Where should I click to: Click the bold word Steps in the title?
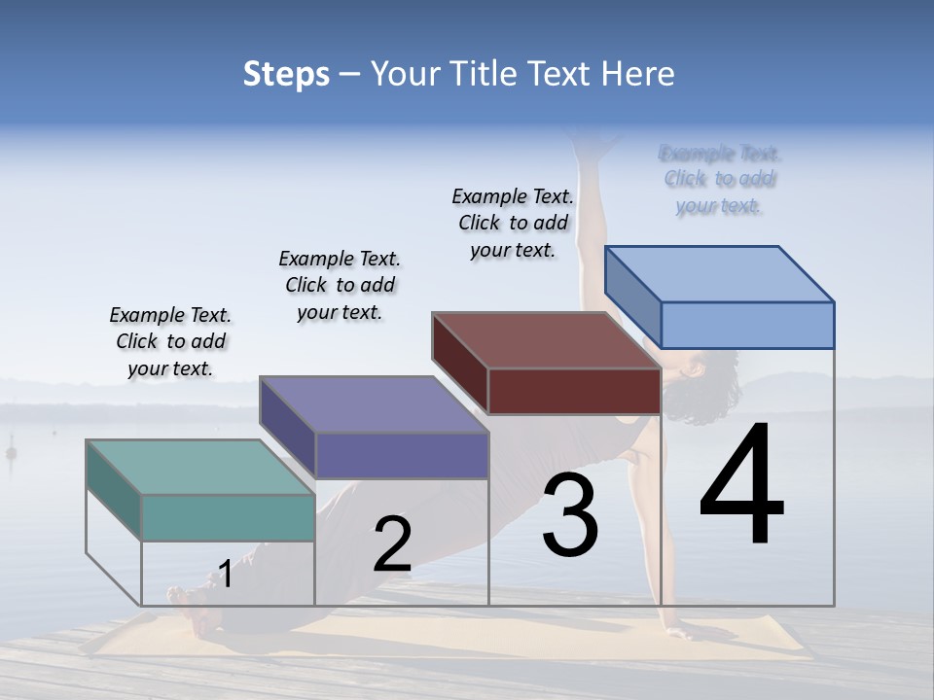(x=286, y=74)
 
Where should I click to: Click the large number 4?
(x=741, y=486)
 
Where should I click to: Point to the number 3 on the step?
(x=570, y=515)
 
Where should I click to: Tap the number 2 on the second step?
(x=392, y=544)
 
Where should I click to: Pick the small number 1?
(x=225, y=575)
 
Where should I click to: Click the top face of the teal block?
(x=199, y=467)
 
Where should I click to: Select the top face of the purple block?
(x=374, y=404)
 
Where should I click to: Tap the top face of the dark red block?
(x=546, y=340)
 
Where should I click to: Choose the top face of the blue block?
(x=719, y=273)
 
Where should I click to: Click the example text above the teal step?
(x=170, y=341)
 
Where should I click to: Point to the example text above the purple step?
(x=340, y=285)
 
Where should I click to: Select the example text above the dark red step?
(x=513, y=223)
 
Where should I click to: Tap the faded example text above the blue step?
(x=719, y=179)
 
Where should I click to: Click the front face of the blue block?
(x=747, y=325)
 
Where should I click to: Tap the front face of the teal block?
(x=228, y=517)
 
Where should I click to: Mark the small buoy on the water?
(x=12, y=452)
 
